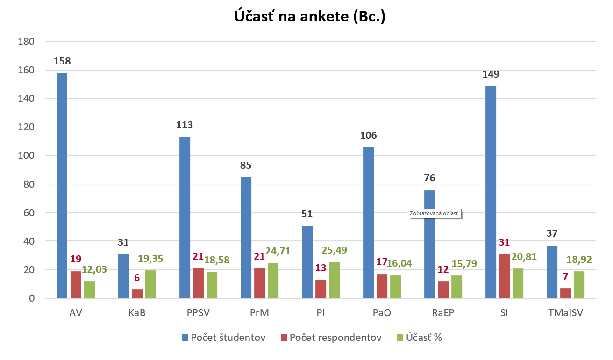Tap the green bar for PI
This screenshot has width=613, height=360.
(334, 280)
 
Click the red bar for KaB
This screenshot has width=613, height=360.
(137, 294)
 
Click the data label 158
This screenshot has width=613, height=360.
(62, 61)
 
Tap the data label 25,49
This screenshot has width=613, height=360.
(334, 250)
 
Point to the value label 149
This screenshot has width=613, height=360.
(491, 74)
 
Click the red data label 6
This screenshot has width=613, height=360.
(137, 278)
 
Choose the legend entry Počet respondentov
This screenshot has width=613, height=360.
(331, 338)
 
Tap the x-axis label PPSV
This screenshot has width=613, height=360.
(198, 313)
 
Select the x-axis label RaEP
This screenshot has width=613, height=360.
(443, 313)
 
